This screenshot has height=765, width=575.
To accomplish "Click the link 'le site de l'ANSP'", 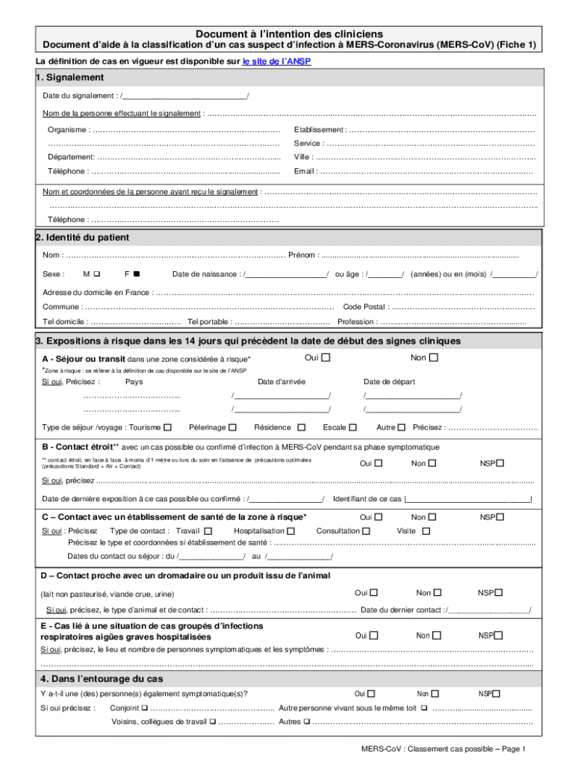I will pyautogui.click(x=276, y=63).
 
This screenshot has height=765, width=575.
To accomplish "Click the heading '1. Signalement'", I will pyautogui.click(x=69, y=78).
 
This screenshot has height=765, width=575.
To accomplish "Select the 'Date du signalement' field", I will pyautogui.click(x=184, y=96).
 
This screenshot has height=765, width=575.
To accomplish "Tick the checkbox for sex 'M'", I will pyautogui.click(x=97, y=274).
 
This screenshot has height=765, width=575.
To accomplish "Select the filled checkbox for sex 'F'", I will pyautogui.click(x=137, y=274).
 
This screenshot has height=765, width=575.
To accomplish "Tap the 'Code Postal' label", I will pyautogui.click(x=364, y=307).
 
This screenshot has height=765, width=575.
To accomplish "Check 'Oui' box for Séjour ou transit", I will pyautogui.click(x=326, y=358).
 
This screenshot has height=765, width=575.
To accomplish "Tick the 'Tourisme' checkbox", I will pyautogui.click(x=167, y=427).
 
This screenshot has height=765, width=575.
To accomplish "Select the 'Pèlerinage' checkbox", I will pyautogui.click(x=233, y=427).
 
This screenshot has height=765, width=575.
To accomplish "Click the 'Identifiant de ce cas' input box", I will pyautogui.click(x=467, y=499).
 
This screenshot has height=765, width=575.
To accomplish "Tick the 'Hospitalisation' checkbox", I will pyautogui.click(x=291, y=531).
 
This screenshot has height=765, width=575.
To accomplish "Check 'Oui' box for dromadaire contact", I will pyautogui.click(x=373, y=592).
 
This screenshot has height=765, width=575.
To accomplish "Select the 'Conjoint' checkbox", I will pyautogui.click(x=144, y=707).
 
